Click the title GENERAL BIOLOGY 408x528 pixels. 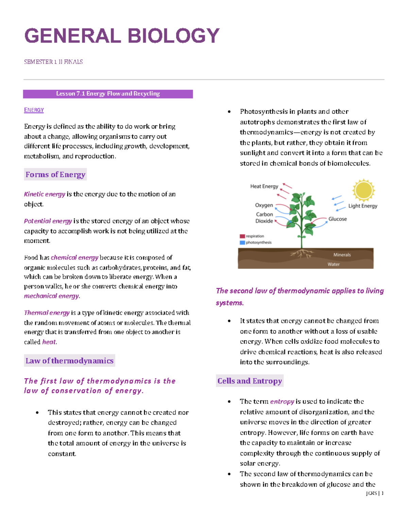coord(122,36)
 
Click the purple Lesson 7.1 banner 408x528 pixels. coord(108,94)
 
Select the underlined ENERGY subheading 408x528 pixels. coord(34,110)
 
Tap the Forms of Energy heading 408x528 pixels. coord(55,175)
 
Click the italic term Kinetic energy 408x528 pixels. coord(45,194)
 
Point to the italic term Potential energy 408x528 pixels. coord(48,221)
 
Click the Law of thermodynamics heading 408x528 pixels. coord(69,361)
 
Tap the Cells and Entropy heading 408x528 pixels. coord(250,381)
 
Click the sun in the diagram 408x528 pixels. coord(363,190)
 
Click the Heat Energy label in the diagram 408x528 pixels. coord(264,186)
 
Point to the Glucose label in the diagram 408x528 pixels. coord(338,219)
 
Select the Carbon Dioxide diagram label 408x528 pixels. coord(264,218)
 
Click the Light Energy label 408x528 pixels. coord(363,206)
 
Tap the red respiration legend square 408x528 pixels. coord(242,236)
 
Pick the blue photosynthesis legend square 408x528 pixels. coord(242,242)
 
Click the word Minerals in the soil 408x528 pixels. coord(342,255)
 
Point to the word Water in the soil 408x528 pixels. coord(334,264)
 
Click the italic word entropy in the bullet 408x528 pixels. coord(282,402)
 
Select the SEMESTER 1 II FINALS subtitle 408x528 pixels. coord(53,62)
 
